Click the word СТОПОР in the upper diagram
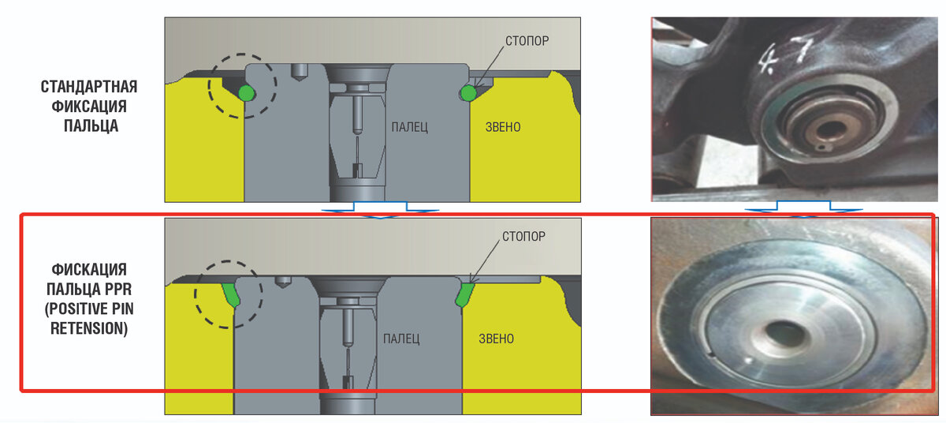pos(527,41)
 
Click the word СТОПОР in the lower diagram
pos(523,236)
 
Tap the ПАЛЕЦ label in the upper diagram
pos(410,127)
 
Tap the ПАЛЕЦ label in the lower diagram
pos(401,339)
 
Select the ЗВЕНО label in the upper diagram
pos(503,127)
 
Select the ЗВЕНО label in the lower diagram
pos(496,339)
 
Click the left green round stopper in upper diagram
pos(247,93)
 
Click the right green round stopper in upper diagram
pos(468,93)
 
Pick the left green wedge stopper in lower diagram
pos(231,295)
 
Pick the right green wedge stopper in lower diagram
pos(464,295)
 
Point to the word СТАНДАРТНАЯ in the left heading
pos(89,87)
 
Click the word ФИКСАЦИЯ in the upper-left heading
pos(89,107)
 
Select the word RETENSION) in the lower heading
pos(89,328)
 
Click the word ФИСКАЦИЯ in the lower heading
pos(89,270)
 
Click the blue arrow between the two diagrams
pos(380,210)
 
